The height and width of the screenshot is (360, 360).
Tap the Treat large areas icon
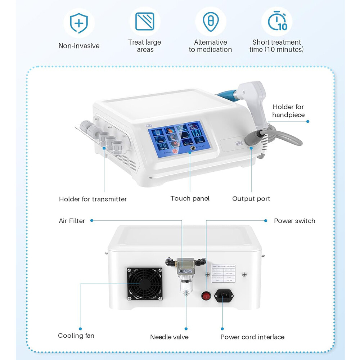(x=145, y=22)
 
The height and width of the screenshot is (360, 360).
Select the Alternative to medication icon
(x=210, y=22)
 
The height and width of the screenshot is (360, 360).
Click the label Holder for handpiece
(x=288, y=111)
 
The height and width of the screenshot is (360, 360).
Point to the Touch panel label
(x=190, y=198)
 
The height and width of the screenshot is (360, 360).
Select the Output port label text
(x=251, y=199)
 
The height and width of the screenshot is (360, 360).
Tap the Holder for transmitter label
(x=93, y=199)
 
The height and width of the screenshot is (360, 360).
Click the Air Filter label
(x=72, y=221)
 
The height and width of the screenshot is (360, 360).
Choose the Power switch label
(x=294, y=221)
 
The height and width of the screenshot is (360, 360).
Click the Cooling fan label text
(x=76, y=336)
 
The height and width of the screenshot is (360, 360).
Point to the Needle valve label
(x=169, y=337)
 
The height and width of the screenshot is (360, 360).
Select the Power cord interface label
(x=252, y=337)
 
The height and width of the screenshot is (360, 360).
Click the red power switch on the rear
(x=206, y=296)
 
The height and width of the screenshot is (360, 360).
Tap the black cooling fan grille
(x=145, y=284)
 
